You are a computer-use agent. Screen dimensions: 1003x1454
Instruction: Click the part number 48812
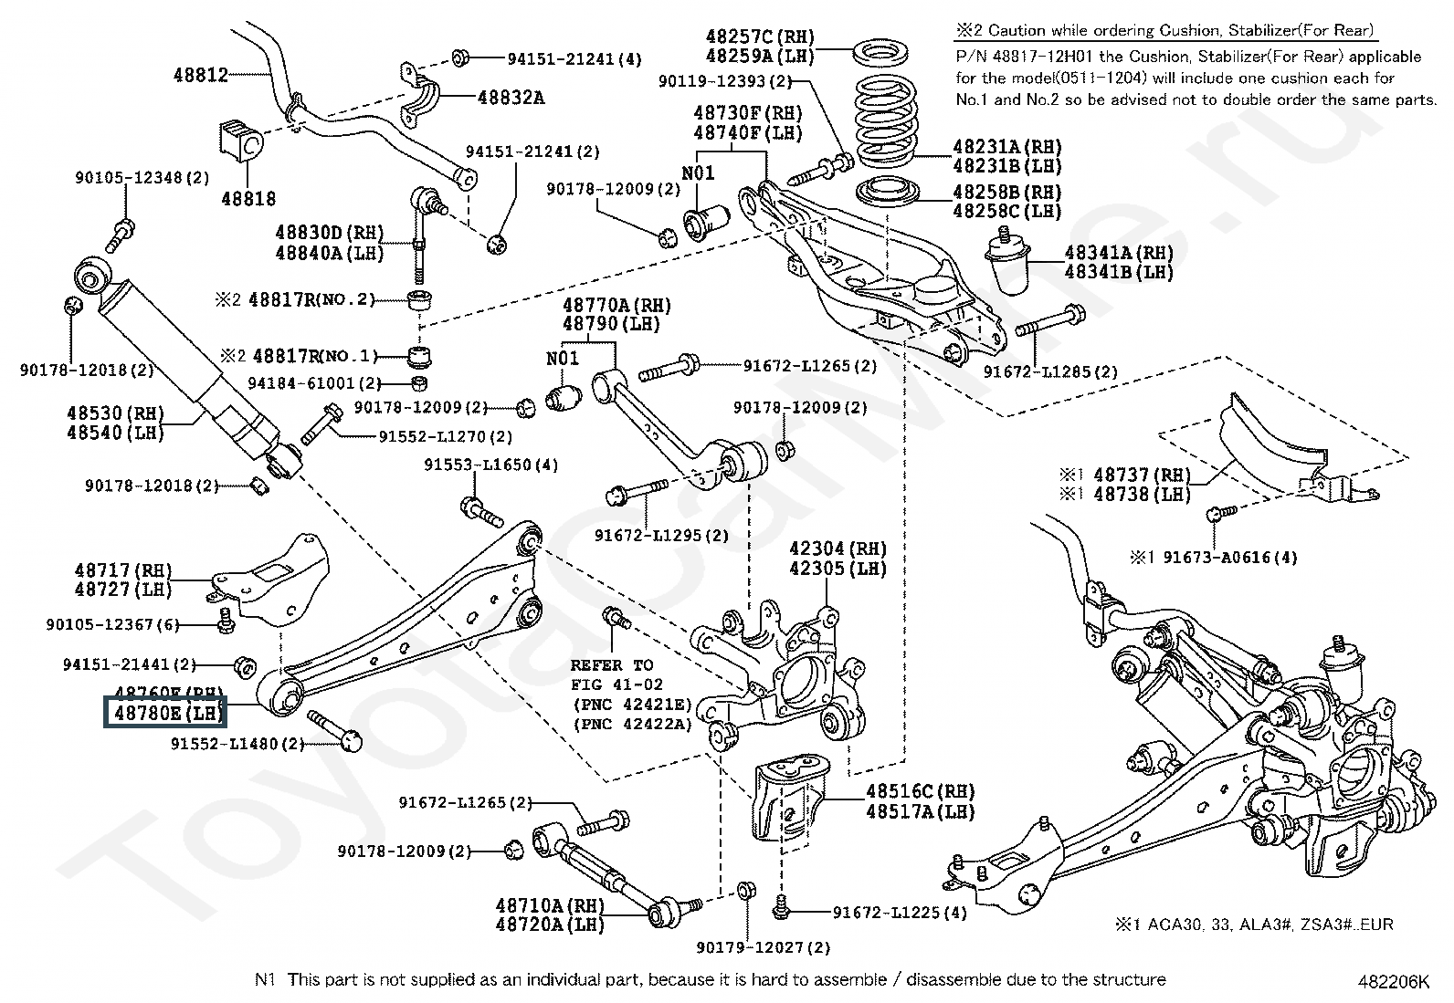click(x=201, y=75)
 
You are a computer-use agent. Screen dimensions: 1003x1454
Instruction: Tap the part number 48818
click(x=248, y=198)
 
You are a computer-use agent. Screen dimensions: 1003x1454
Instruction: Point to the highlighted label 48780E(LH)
click(x=165, y=714)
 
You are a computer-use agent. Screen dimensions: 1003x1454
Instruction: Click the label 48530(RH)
click(x=114, y=413)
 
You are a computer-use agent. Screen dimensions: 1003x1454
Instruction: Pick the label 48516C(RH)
click(x=920, y=791)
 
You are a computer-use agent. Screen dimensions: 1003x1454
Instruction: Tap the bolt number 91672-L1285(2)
click(x=1050, y=371)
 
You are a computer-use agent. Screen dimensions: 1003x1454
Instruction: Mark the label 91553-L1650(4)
click(x=490, y=465)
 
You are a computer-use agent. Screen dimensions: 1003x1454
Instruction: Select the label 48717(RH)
click(x=123, y=570)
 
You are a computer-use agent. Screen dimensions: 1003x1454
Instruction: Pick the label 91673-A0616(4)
click(x=1229, y=557)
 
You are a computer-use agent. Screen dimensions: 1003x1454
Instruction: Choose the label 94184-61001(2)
click(x=319, y=383)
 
